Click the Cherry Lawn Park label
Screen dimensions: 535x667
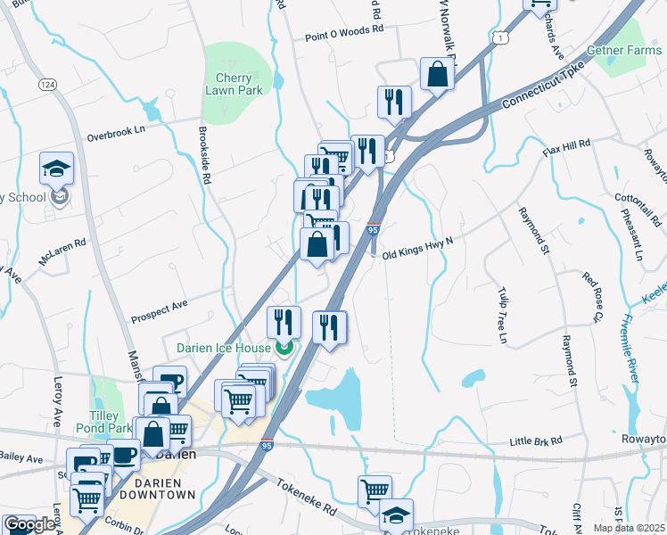click(234, 84)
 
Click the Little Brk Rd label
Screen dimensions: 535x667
click(536, 441)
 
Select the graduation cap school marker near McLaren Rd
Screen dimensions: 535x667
click(55, 168)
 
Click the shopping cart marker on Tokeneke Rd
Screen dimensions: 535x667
click(375, 490)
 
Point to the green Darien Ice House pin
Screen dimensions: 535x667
click(284, 347)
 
